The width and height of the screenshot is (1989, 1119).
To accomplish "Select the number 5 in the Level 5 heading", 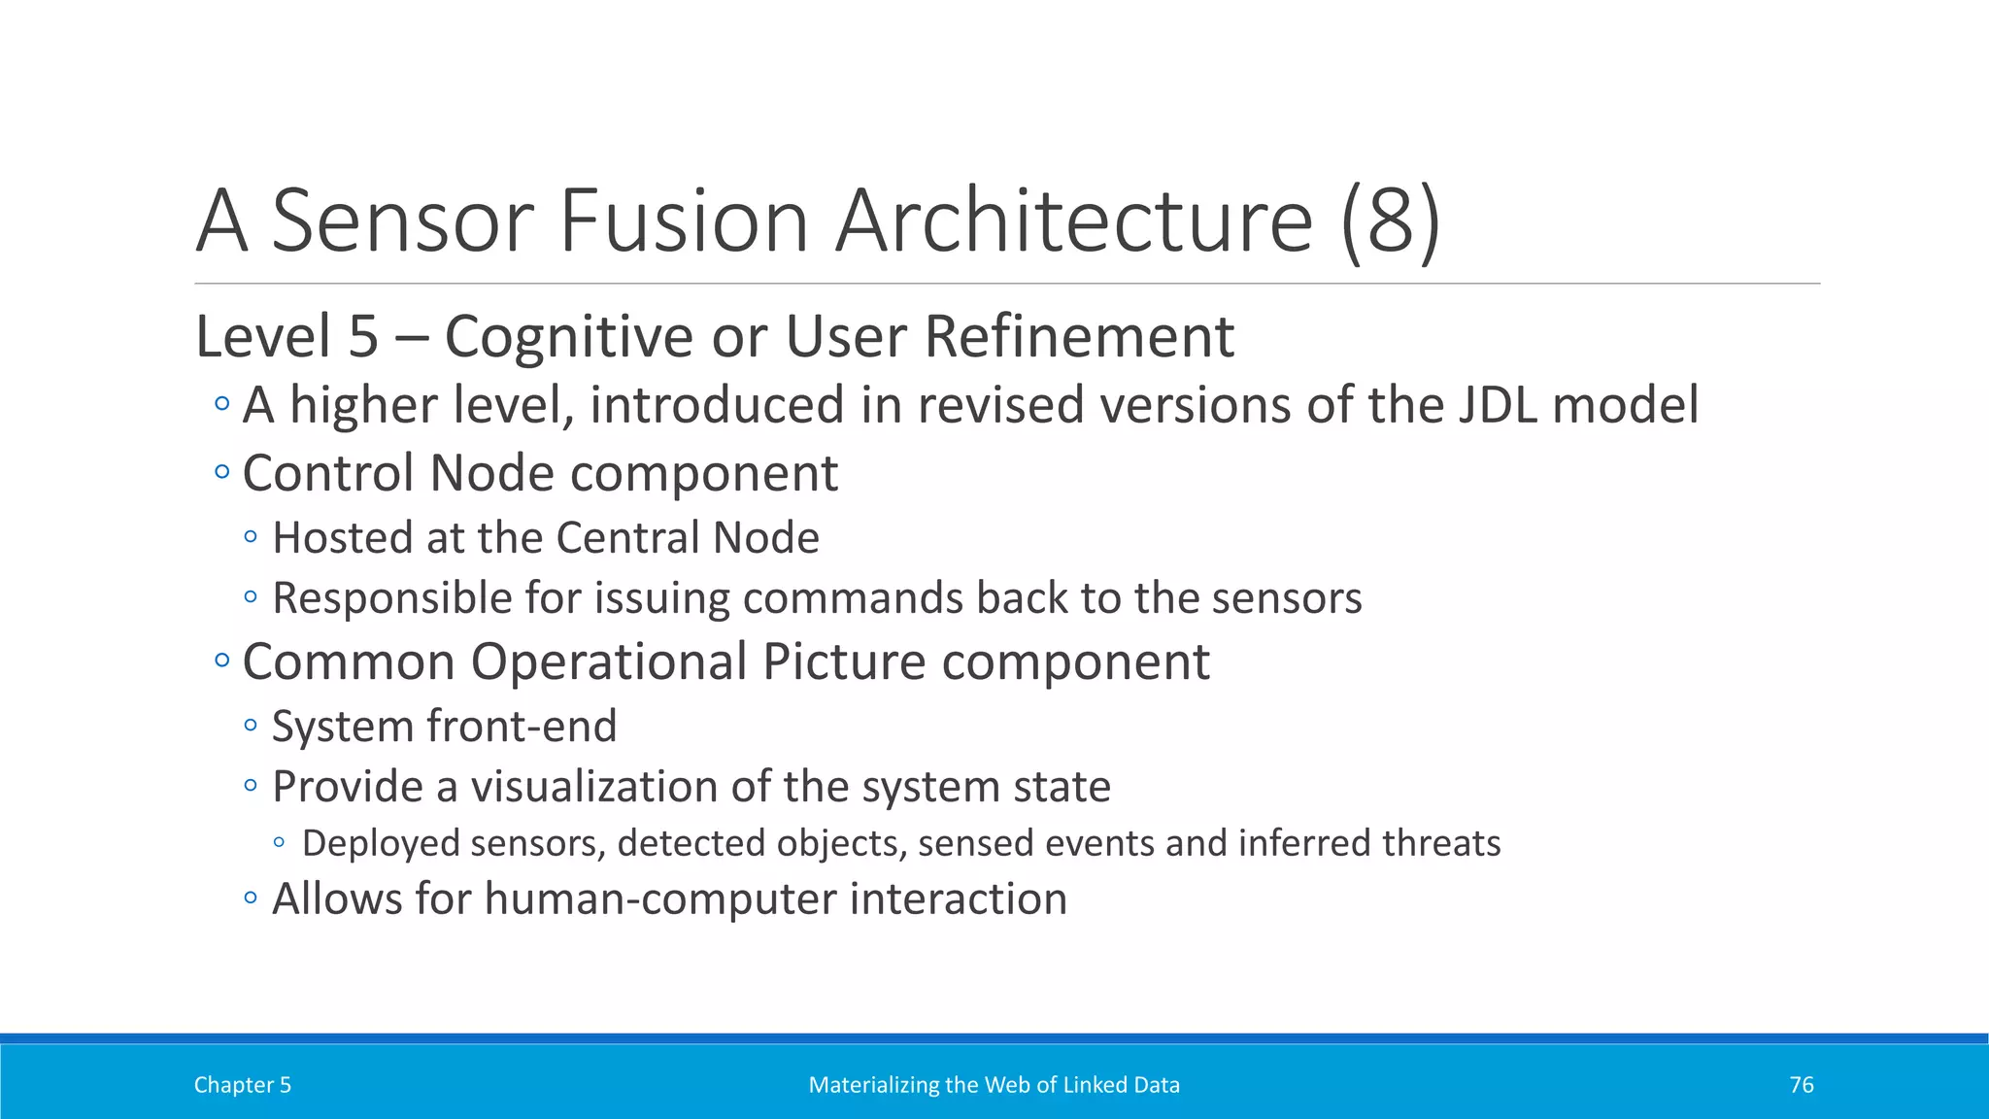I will pyautogui.click(x=362, y=337).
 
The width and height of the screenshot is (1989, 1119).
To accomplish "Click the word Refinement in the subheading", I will pyautogui.click(x=1078, y=337).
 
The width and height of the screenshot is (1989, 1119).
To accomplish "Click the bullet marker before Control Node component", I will pyautogui.click(x=222, y=473).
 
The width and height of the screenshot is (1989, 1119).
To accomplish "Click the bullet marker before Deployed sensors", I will pyautogui.click(x=280, y=843).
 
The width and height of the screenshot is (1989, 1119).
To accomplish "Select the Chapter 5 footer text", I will pyautogui.click(x=242, y=1085).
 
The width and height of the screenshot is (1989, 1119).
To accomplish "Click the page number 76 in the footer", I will pyautogui.click(x=1801, y=1085).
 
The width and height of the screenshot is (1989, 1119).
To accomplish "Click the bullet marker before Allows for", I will pyautogui.click(x=251, y=899).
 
